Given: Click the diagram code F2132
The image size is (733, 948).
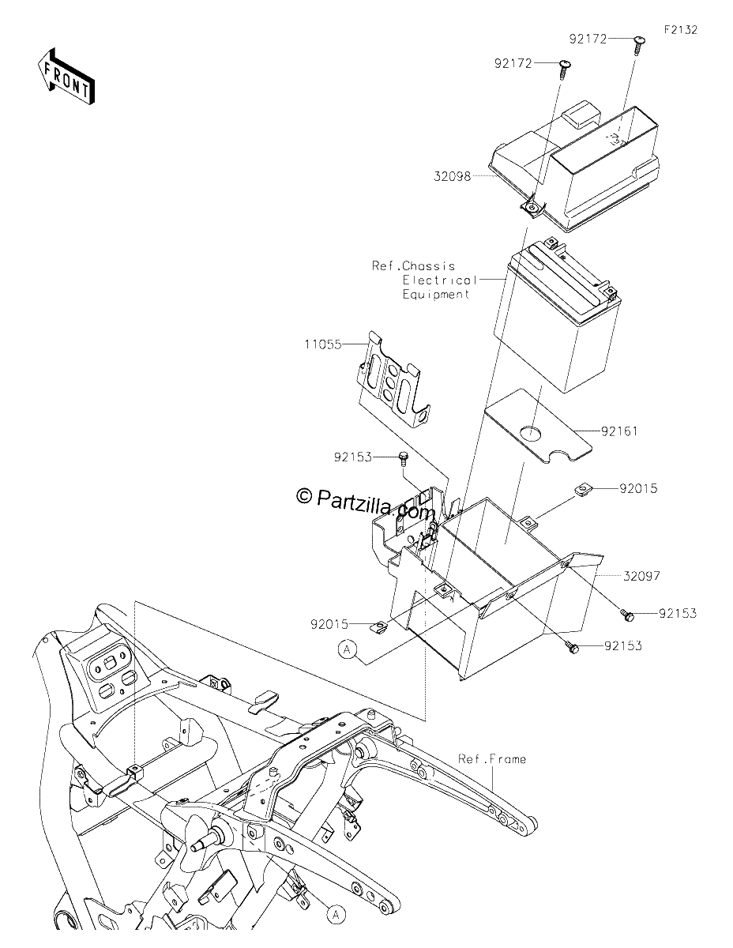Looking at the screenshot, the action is click(681, 30).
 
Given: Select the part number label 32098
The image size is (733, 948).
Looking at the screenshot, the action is click(452, 177).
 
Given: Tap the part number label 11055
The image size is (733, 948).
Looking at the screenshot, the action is click(323, 344).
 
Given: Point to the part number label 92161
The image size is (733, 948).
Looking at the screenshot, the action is click(619, 431).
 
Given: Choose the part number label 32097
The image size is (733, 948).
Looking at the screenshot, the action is click(641, 576).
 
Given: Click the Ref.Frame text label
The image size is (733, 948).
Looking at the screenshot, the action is click(492, 759).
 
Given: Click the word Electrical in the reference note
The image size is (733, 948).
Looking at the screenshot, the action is click(440, 280).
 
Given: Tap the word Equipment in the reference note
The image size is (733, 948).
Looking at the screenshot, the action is click(436, 295).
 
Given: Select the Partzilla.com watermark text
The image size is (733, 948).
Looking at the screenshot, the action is click(374, 504).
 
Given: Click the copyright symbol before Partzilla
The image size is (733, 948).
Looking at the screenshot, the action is click(304, 495).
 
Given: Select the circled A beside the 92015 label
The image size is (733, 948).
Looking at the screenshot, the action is click(347, 662).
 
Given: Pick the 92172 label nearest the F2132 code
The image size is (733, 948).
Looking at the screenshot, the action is click(588, 39).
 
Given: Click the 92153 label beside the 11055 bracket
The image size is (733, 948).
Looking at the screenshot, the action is click(353, 457).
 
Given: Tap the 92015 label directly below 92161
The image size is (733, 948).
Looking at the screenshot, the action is click(638, 488).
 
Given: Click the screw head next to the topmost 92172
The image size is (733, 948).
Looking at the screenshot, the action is click(639, 40).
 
